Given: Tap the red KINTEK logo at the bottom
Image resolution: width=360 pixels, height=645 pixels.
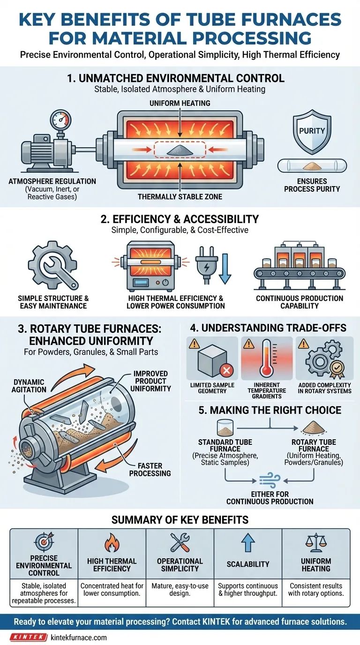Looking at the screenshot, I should [29, 637].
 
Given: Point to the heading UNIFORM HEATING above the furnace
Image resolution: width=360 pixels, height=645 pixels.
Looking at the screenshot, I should [180, 103].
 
